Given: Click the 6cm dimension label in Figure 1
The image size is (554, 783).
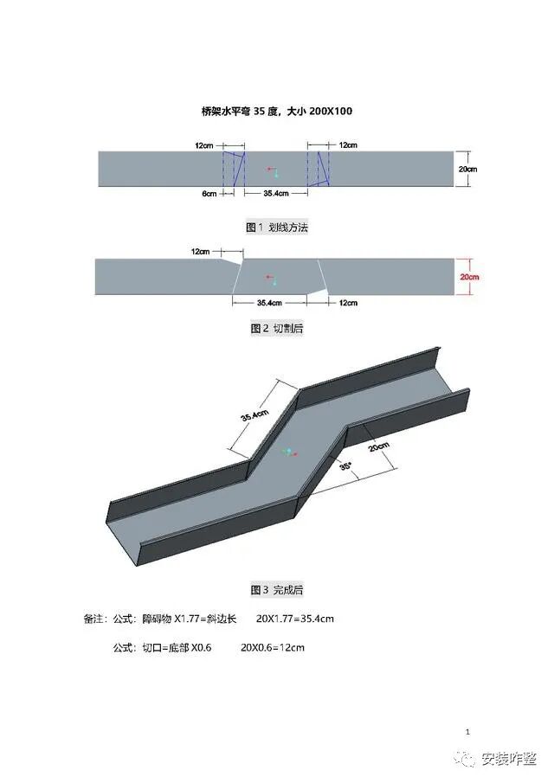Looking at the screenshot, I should tap(209, 194).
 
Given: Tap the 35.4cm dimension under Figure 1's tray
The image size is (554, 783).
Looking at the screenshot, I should tap(275, 194).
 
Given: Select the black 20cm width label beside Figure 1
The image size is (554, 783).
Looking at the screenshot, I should tap(467, 170).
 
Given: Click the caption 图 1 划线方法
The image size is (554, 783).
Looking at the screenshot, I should tap(277, 228).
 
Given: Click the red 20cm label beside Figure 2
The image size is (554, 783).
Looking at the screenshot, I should tap(470, 277).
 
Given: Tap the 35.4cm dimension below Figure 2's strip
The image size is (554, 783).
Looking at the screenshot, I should tap(269, 303).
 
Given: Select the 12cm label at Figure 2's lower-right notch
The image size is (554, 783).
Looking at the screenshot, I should tap(348, 303).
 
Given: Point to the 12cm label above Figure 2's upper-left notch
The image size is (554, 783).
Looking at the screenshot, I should tap(200, 252).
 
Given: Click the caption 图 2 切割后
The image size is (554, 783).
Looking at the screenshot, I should tap(277, 329).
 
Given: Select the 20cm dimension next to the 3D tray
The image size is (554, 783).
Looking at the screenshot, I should tap(379, 447).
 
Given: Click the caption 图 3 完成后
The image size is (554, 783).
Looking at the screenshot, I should tap(277, 590).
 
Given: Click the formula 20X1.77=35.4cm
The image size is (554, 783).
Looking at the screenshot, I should tap(295, 619).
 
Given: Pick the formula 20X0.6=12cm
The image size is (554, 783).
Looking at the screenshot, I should tap(273, 647).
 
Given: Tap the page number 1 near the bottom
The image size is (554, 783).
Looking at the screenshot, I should tap(468, 732).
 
